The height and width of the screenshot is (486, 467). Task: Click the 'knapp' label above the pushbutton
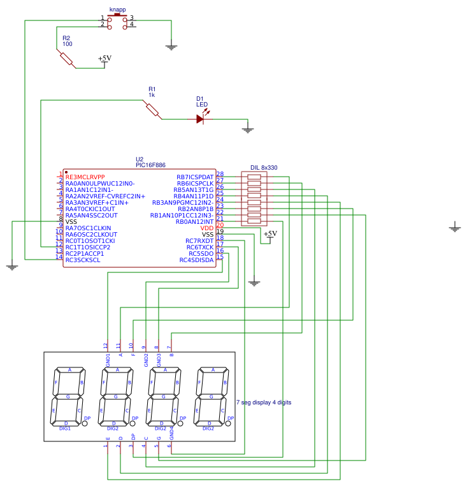point(117,10)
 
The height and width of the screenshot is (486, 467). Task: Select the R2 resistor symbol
point(67,59)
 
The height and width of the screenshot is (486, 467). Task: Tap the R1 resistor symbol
point(152,110)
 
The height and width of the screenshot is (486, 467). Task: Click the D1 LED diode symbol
point(200,119)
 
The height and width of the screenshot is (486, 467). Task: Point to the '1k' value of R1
point(152,95)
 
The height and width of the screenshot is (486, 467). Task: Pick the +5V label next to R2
point(104,59)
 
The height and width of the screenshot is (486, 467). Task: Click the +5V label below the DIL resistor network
point(270,234)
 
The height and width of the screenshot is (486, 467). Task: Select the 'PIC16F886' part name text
point(150,165)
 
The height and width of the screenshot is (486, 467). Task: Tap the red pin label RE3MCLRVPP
point(85,177)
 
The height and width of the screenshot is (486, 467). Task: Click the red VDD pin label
point(207,228)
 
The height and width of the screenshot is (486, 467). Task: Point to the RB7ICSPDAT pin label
point(195,177)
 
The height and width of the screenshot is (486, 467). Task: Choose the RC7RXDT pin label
point(199,241)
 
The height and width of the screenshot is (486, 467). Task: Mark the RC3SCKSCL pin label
point(83,260)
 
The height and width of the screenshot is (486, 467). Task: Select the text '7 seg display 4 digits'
point(264,402)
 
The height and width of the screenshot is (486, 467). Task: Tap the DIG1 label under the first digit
point(65,429)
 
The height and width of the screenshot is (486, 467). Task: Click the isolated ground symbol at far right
point(454,227)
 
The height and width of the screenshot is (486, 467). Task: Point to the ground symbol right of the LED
point(248,129)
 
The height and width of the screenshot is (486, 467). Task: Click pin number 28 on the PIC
point(220,174)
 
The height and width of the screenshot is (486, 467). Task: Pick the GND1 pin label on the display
point(108,360)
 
